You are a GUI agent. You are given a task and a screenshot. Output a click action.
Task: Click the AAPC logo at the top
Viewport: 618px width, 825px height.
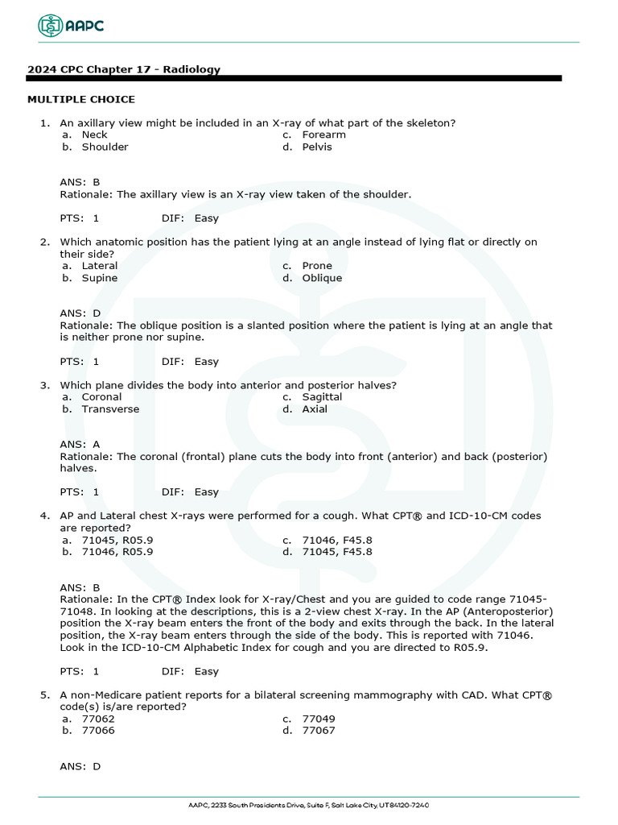point(72,26)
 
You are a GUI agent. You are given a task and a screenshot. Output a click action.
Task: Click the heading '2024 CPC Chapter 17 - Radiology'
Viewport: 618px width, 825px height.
point(124,69)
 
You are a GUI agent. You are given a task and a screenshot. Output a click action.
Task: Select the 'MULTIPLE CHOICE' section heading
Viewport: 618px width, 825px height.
point(81,99)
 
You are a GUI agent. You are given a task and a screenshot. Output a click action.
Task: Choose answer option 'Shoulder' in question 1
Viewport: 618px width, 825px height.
point(105,147)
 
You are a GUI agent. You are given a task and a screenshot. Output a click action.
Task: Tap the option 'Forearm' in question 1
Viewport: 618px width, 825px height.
point(323,135)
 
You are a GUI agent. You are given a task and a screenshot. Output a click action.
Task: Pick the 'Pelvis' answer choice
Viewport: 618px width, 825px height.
point(317,147)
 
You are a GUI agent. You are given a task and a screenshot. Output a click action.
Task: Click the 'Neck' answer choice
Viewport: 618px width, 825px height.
point(94,135)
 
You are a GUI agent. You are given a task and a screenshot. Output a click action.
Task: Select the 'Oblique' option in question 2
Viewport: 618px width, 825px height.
point(322,278)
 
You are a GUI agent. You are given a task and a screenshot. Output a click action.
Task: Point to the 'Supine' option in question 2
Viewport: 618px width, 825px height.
point(100,278)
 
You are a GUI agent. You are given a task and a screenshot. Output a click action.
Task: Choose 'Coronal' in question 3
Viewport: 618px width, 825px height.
point(101,396)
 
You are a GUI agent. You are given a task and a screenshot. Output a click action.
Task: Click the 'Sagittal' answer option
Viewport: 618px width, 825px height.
point(322,396)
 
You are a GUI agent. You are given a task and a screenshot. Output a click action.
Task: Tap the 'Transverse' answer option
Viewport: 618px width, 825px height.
point(110,408)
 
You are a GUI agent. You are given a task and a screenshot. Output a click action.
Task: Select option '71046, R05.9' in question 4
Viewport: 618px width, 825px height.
point(117,552)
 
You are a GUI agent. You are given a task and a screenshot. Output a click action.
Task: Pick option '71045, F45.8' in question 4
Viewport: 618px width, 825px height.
point(337,552)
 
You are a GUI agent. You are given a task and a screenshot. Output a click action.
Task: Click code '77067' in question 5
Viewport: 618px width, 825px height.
point(319,731)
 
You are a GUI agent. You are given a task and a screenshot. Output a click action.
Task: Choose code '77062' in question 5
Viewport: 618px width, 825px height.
point(98,719)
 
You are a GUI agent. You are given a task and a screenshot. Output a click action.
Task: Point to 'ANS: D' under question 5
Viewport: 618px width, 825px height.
point(80,766)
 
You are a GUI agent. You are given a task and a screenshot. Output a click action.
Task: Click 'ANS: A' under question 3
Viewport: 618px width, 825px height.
point(80,444)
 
